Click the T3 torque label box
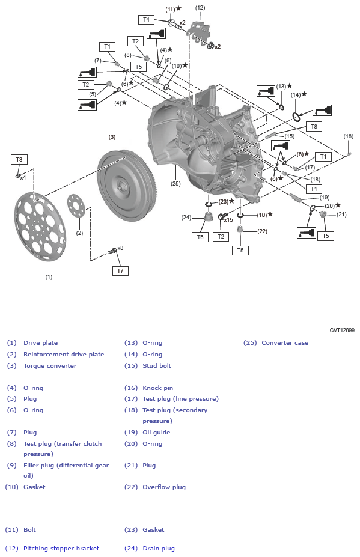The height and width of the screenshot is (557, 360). [19, 159]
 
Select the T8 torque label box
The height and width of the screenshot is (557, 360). [313, 126]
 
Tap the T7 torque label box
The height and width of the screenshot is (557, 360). [120, 271]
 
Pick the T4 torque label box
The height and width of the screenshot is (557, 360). [146, 20]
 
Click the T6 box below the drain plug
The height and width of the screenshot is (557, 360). [201, 237]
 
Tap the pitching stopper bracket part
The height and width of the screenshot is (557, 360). [198, 30]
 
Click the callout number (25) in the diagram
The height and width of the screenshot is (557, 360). [175, 184]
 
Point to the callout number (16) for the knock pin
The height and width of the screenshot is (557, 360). [349, 136]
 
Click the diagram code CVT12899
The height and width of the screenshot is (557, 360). [341, 330]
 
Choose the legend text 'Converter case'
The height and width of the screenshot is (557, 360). [285, 343]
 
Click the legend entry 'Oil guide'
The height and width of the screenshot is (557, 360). [156, 432]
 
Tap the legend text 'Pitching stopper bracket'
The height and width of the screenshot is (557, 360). [61, 548]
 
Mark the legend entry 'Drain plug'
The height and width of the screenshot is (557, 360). [159, 548]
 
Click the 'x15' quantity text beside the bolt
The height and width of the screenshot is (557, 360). [228, 219]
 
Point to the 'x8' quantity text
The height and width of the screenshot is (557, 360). [120, 248]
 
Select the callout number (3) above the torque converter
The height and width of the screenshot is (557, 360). [112, 137]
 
